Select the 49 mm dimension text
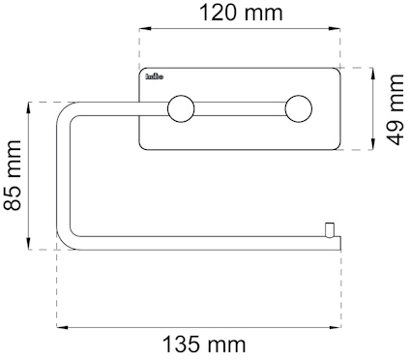point(395,109)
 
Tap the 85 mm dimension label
point(14,176)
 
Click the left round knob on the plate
point(180,108)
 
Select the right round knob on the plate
point(299,108)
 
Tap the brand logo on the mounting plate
point(155,75)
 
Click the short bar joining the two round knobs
point(239,108)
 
